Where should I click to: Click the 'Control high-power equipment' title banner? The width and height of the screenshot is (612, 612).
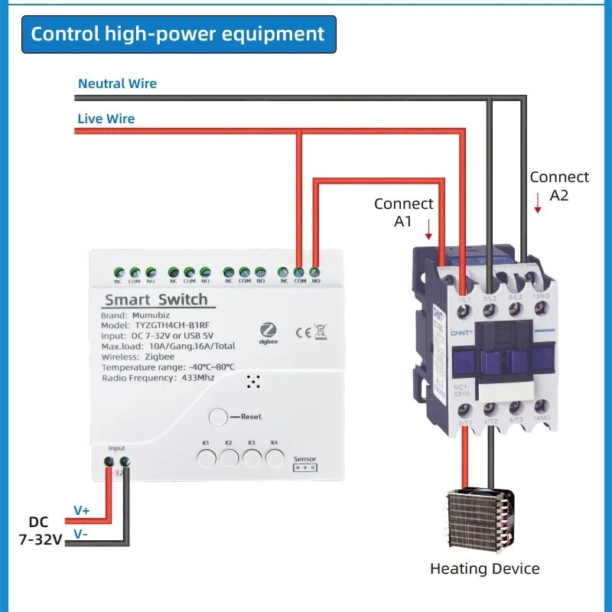(x=178, y=34)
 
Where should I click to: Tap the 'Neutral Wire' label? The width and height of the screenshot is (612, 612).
(x=117, y=83)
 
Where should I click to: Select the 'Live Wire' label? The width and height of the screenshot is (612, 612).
(x=106, y=119)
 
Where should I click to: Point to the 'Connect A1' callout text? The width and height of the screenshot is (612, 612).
(x=403, y=212)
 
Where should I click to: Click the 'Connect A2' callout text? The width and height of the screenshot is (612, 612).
(x=559, y=185)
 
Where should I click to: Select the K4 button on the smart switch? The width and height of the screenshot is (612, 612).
(x=275, y=458)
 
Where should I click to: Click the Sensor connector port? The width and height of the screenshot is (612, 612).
(x=304, y=467)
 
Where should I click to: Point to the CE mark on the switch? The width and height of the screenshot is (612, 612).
(x=303, y=331)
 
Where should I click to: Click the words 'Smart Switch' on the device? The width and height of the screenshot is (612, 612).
(x=155, y=299)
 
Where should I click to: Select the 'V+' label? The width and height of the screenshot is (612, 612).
(x=81, y=509)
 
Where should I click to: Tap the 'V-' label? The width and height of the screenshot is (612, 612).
(x=81, y=533)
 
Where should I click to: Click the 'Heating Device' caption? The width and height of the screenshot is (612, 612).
(x=484, y=568)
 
